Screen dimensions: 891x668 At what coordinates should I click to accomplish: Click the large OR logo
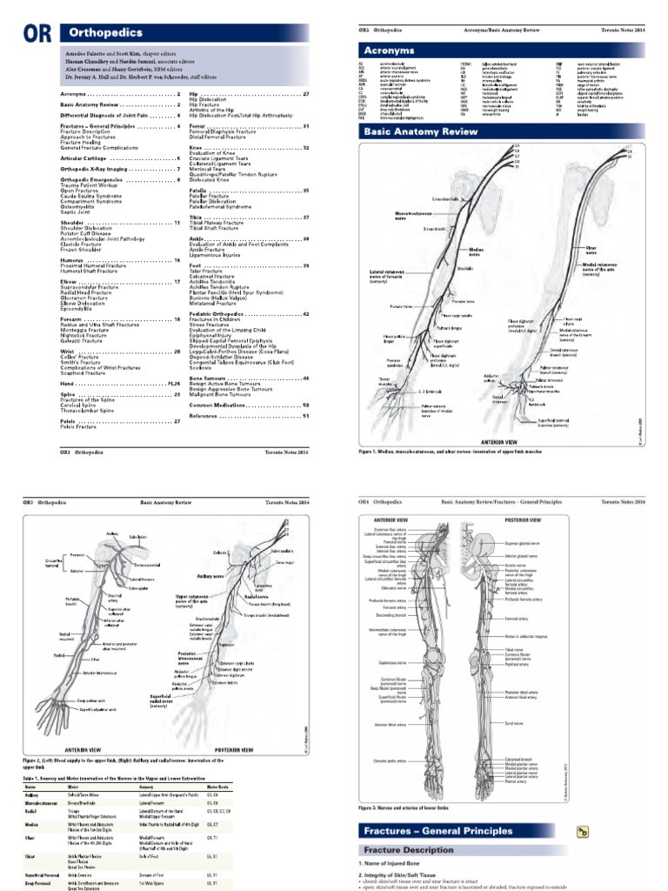(37, 32)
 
